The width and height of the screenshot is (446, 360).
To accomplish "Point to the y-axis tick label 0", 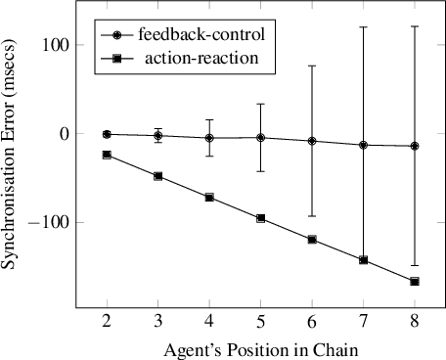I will pyautogui.click(x=61, y=134).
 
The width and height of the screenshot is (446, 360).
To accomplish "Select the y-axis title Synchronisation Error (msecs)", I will pyautogui.click(x=14, y=160).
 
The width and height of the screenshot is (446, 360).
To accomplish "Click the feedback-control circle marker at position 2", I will pyautogui.click(x=107, y=134).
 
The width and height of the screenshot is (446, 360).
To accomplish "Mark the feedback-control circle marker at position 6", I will pyautogui.click(x=312, y=141).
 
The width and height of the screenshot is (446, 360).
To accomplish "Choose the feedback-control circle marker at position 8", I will pyautogui.click(x=415, y=146).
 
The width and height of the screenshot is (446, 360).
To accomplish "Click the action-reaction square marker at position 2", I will pyautogui.click(x=107, y=155).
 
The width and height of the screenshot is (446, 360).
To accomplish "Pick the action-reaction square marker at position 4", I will pyautogui.click(x=209, y=198).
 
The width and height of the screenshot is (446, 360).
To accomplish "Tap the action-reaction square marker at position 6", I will pyautogui.click(x=312, y=240).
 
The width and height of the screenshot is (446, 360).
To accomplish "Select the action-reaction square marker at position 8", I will pyautogui.click(x=415, y=282).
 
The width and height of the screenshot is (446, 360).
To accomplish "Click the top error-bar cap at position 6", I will pyautogui.click(x=312, y=66).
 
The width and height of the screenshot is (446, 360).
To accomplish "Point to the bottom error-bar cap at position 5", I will pyautogui.click(x=260, y=171).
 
